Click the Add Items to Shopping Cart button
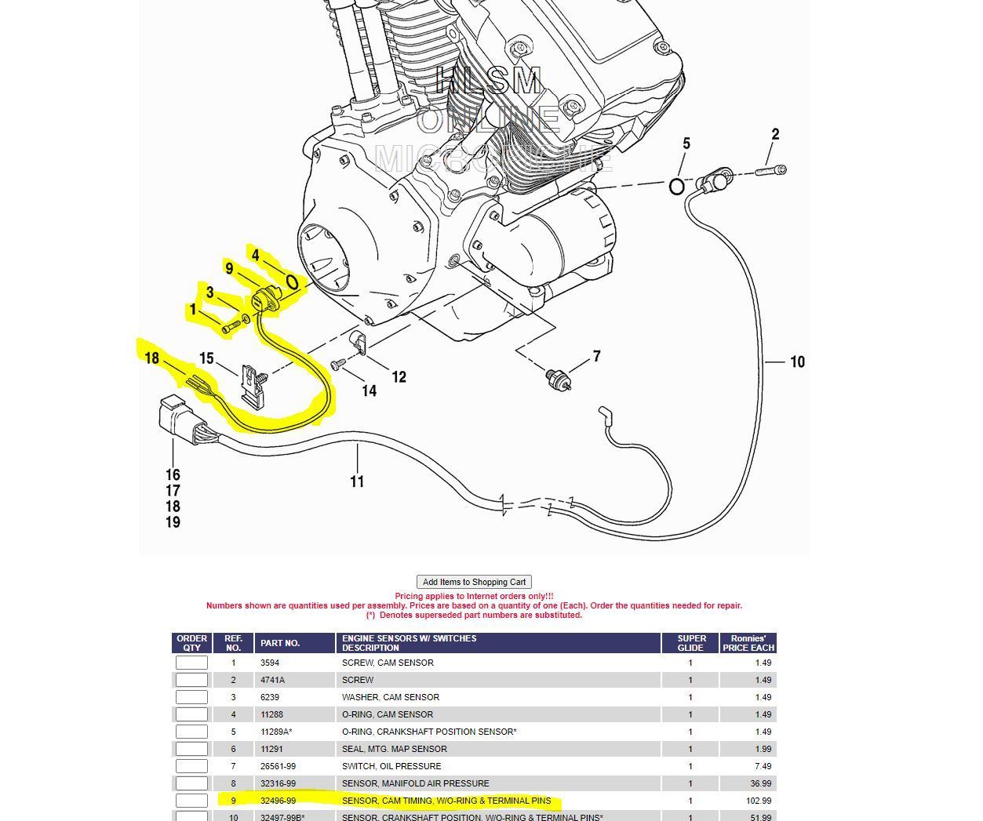pyautogui.click(x=474, y=582)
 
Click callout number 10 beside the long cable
pyautogui.click(x=797, y=361)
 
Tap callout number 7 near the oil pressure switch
pyautogui.click(x=596, y=356)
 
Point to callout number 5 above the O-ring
pyautogui.click(x=686, y=143)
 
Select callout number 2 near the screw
pyautogui.click(x=775, y=134)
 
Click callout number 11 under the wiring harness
pyautogui.click(x=357, y=481)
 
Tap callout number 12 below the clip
pyautogui.click(x=399, y=377)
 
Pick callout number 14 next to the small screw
pyautogui.click(x=369, y=390)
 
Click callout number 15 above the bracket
pyautogui.click(x=206, y=358)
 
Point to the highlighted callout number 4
pyautogui.click(x=256, y=256)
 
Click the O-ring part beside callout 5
pyautogui.click(x=676, y=187)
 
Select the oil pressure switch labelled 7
pyautogui.click(x=558, y=378)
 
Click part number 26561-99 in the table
pyautogui.click(x=278, y=766)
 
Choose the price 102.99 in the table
pyautogui.click(x=758, y=801)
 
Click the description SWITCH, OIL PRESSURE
pyautogui.click(x=391, y=766)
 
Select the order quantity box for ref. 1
pyautogui.click(x=191, y=663)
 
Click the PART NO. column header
pyautogui.click(x=280, y=643)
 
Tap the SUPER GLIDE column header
pyautogui.click(x=690, y=643)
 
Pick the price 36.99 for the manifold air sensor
pyautogui.click(x=760, y=783)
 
